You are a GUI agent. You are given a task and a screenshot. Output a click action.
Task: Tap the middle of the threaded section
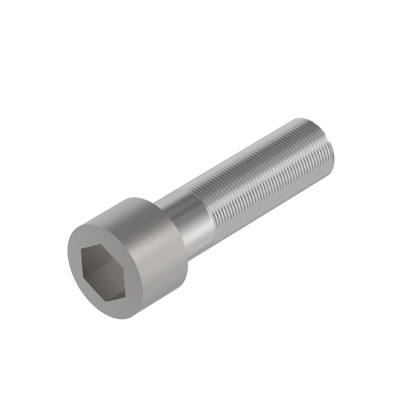pos(261,174)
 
